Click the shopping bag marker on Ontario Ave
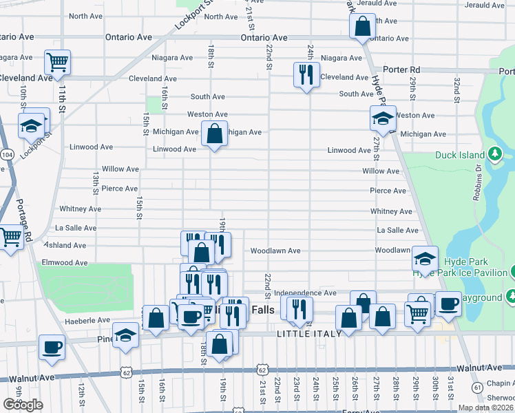click(x=362, y=27)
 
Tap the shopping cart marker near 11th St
click(x=58, y=62)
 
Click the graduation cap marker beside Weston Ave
click(x=383, y=119)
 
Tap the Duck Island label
click(x=459, y=155)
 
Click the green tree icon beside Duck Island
click(x=494, y=153)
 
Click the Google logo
click(x=23, y=405)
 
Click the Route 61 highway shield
click(x=477, y=388)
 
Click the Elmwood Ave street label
click(x=65, y=263)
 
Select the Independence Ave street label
click(x=304, y=293)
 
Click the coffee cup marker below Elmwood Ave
click(x=52, y=346)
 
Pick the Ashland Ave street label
click(x=66, y=245)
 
